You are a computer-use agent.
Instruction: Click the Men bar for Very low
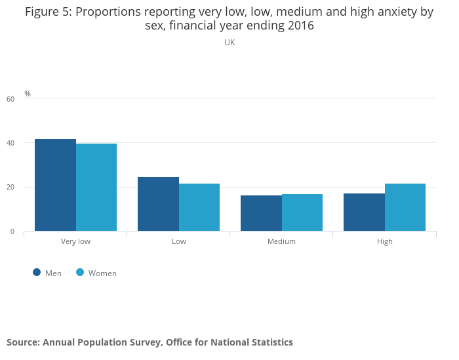click(x=55, y=185)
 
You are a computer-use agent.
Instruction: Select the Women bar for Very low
click(x=96, y=188)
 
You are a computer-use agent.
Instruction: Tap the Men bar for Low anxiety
click(x=158, y=204)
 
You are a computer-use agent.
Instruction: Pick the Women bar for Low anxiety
click(x=199, y=207)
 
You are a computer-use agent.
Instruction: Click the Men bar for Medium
click(x=261, y=213)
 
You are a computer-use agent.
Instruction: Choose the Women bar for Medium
click(x=302, y=212)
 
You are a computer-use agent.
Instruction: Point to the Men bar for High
click(x=364, y=212)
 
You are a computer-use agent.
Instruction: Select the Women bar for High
click(x=405, y=207)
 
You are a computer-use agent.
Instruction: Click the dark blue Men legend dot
click(x=37, y=272)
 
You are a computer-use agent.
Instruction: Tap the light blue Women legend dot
click(x=80, y=272)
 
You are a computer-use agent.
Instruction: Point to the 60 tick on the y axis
click(x=10, y=99)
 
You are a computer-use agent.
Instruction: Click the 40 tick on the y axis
click(x=10, y=143)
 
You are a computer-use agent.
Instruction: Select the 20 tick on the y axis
click(x=10, y=188)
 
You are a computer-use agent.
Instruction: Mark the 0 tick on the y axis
click(x=12, y=231)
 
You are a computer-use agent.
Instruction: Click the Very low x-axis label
click(x=75, y=241)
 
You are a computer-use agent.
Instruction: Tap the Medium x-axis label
click(x=281, y=241)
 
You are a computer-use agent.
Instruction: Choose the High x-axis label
click(x=385, y=241)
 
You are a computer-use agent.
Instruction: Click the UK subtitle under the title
click(x=229, y=43)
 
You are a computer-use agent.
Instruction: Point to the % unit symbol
click(x=28, y=94)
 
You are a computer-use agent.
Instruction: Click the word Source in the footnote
click(x=23, y=342)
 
